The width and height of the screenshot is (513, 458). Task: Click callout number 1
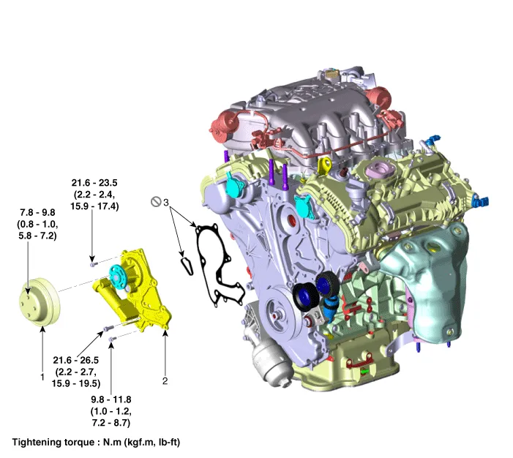[x=42, y=376]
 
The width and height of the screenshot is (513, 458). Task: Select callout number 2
[x=165, y=380]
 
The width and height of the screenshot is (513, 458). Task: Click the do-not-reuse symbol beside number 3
[x=155, y=201]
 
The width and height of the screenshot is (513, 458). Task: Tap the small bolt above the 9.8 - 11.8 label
[x=111, y=339]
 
